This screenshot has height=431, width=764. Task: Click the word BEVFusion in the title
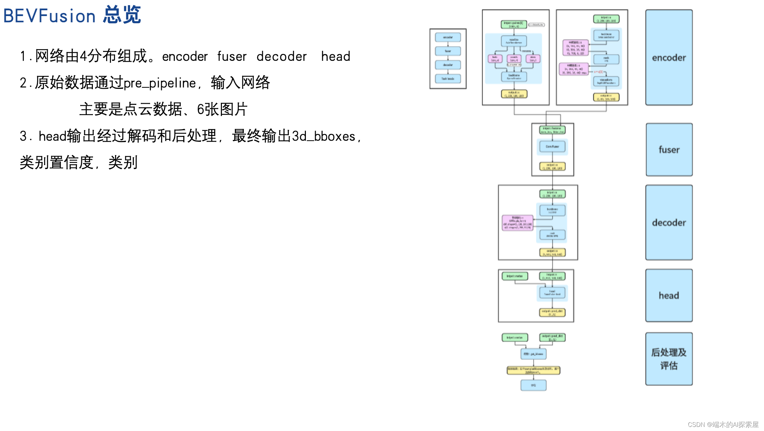coord(49,16)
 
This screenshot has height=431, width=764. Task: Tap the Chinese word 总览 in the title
coord(122,15)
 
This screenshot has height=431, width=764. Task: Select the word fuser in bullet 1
coord(232,56)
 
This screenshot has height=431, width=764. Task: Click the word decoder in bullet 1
coord(282,56)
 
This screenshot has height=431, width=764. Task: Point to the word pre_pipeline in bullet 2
coord(160,83)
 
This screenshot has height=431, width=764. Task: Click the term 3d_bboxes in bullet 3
coord(324,136)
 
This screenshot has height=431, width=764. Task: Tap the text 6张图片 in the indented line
coord(222,110)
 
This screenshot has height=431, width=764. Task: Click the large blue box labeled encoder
coord(669,57)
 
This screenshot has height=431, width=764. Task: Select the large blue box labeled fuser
coord(669,150)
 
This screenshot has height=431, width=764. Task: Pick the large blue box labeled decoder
coord(669,223)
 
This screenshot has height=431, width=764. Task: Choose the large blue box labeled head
coord(669,295)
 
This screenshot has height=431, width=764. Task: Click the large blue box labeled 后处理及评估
coord(669,359)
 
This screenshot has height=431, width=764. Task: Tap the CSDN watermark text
coord(723,425)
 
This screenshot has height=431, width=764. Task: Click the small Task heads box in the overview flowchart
coord(448,79)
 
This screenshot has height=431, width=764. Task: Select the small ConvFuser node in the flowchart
coord(552,147)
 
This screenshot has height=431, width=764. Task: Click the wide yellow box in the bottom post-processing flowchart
coord(533,370)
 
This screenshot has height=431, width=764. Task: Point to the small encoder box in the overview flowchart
coord(448,37)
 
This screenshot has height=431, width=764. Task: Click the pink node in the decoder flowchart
coord(518,223)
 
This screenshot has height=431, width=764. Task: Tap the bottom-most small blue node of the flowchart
coord(533,385)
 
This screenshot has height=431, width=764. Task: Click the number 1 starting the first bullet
coord(23,56)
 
